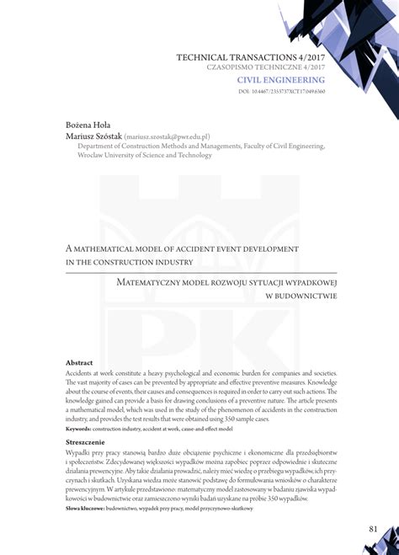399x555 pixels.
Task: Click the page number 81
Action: click(372, 529)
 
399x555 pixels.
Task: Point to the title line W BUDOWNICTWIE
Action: click(301, 296)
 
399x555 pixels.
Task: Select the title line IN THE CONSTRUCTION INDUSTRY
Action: click(130, 262)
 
